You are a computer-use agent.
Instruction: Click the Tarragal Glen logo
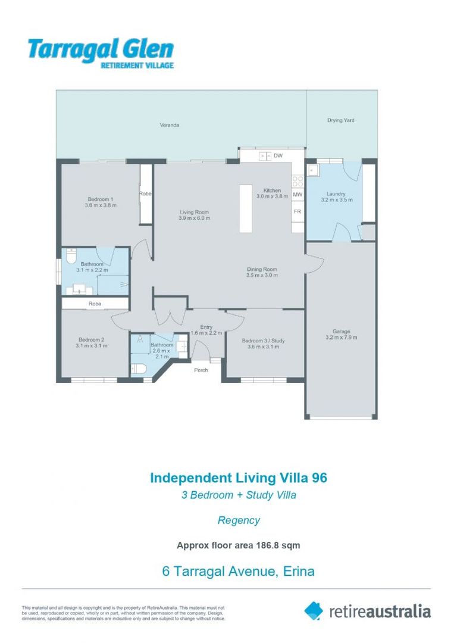[x=101, y=53]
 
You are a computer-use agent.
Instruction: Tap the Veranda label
[x=170, y=126]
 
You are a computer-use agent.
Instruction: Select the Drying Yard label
[x=340, y=120]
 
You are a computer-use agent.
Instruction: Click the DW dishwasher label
[x=277, y=156]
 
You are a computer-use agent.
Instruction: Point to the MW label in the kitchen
[x=298, y=195]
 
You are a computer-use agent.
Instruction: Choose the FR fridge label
[x=298, y=211]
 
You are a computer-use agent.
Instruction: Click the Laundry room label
[x=336, y=194]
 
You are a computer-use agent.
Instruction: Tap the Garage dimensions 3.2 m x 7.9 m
[x=341, y=338]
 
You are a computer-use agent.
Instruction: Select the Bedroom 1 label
[x=101, y=199]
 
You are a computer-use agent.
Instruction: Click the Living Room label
[x=195, y=212]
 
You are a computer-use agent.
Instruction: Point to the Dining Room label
[x=262, y=269]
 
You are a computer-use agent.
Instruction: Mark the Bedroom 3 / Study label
[x=263, y=341]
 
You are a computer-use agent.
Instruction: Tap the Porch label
[x=201, y=370]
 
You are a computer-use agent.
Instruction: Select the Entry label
[x=206, y=327]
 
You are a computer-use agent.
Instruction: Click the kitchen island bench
[x=246, y=208]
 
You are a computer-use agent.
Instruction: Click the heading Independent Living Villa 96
[x=238, y=477]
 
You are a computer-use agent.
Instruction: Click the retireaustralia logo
[x=367, y=611]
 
